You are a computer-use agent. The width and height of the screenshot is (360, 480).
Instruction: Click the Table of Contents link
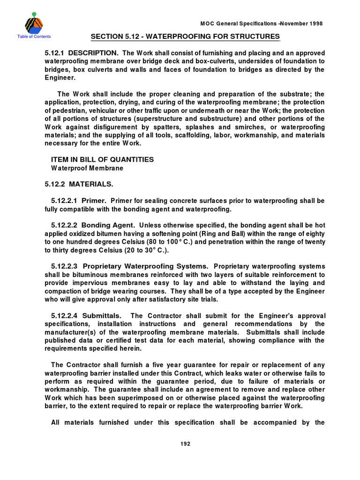pos(33,37)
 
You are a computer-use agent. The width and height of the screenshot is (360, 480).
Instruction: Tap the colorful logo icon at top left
pos(33,22)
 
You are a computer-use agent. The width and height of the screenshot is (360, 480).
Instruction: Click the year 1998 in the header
pos(315,23)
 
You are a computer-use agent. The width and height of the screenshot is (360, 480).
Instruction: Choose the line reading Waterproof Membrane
pos(84,168)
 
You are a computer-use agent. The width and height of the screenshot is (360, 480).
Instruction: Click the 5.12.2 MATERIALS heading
pos(79,183)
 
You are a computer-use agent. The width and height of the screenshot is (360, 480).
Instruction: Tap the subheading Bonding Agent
pos(109,225)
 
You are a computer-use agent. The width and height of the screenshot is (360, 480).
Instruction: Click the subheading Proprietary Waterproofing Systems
pos(146,266)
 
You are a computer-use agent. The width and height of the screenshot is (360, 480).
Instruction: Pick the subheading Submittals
pos(102,316)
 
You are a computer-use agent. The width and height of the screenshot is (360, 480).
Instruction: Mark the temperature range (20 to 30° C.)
pos(141,250)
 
